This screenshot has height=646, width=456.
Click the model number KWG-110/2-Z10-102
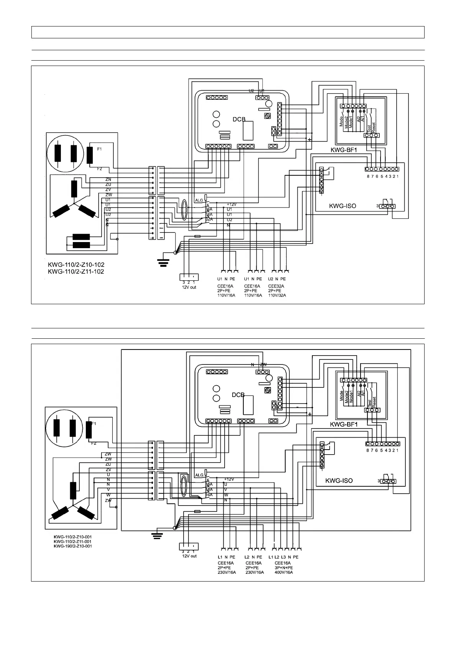(x=76, y=265)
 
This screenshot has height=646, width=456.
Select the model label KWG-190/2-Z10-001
(x=72, y=546)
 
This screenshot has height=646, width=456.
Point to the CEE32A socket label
(x=276, y=286)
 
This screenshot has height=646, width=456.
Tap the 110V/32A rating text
(x=277, y=295)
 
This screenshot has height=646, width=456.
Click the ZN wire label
(x=108, y=180)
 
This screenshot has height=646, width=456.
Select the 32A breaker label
(x=209, y=219)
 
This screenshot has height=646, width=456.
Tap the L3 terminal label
(x=284, y=557)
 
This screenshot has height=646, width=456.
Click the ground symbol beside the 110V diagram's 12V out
(x=164, y=262)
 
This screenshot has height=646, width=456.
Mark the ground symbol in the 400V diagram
(x=156, y=536)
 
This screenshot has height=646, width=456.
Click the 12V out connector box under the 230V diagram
(x=189, y=546)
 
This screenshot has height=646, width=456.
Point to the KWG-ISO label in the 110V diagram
(x=343, y=206)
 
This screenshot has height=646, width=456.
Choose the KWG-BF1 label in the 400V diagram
(x=344, y=425)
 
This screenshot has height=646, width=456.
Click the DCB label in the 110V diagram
(x=239, y=119)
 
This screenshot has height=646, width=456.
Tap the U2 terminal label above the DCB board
(x=251, y=91)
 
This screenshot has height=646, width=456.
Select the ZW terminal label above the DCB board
(x=264, y=364)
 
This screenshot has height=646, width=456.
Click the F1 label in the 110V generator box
(x=99, y=149)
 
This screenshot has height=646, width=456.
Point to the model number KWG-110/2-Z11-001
(x=72, y=542)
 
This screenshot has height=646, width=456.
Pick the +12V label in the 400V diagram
(x=229, y=479)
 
